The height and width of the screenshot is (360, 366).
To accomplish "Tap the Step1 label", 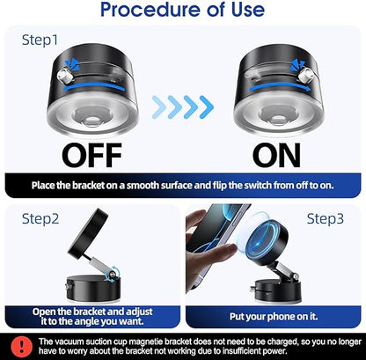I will coord(40,40).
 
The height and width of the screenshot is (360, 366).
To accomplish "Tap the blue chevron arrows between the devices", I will coord(182,107).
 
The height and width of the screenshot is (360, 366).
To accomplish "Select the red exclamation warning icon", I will coord(16,342).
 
